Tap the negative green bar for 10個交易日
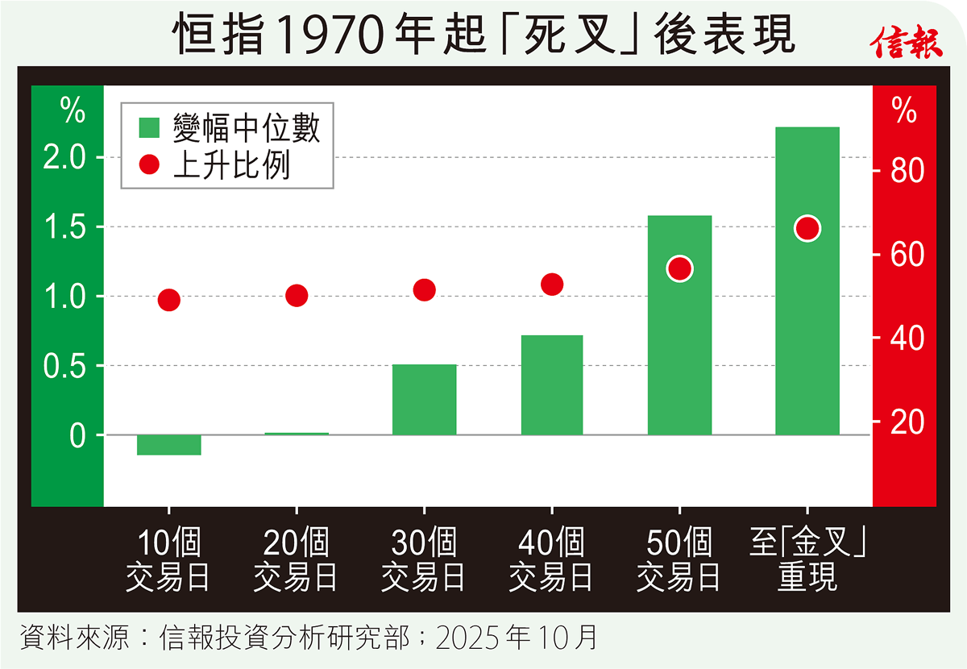click(168, 444)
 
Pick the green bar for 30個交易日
click(424, 400)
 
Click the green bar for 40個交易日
click(551, 385)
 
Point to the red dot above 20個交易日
click(297, 296)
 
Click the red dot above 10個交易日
click(168, 300)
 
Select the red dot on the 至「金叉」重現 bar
click(807, 229)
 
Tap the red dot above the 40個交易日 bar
click(552, 284)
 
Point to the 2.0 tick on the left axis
click(65, 157)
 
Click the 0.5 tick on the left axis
click(65, 366)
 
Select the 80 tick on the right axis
click(905, 171)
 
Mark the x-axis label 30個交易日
click(424, 560)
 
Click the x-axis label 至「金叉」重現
click(807, 560)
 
